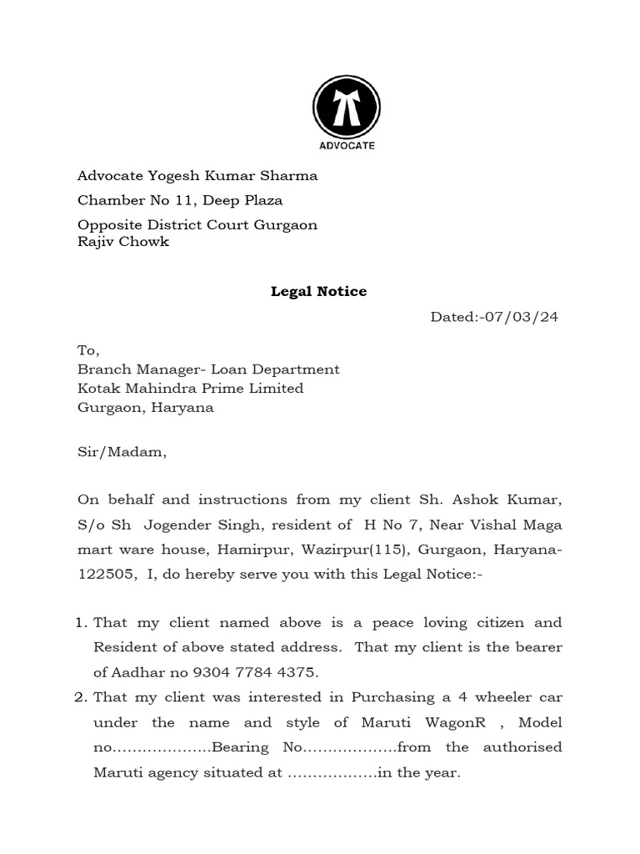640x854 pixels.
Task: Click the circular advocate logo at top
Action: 347,114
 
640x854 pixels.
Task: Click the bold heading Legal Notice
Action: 318,292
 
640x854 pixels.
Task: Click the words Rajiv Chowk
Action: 123,242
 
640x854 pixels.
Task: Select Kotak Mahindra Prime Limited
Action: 190,389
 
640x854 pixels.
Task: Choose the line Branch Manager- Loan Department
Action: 208,369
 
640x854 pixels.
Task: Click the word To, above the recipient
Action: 88,350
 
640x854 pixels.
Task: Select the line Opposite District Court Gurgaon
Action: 197,225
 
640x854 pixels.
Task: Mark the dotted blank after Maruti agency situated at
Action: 332,773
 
